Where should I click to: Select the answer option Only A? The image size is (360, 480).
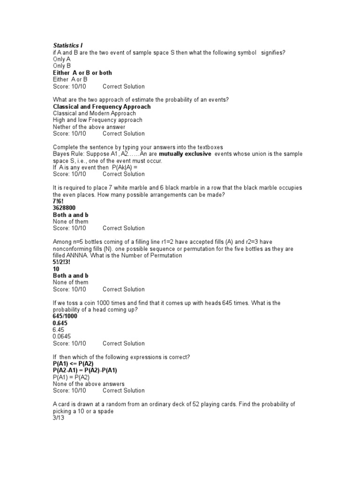[62, 59]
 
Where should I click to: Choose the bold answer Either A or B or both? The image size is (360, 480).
[82, 73]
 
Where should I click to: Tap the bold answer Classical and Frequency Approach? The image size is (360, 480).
[102, 106]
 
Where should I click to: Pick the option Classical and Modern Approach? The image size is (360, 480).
[94, 113]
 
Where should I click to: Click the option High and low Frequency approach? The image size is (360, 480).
[97, 120]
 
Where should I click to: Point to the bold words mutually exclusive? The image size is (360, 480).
[185, 154]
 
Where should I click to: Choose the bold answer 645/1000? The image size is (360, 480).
[66, 316]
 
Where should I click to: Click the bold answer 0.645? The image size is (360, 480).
[61, 323]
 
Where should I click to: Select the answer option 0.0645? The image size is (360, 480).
[63, 337]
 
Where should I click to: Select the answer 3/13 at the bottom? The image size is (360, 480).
[59, 418]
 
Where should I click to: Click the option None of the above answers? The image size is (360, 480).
[89, 384]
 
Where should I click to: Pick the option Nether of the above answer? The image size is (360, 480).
[89, 127]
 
